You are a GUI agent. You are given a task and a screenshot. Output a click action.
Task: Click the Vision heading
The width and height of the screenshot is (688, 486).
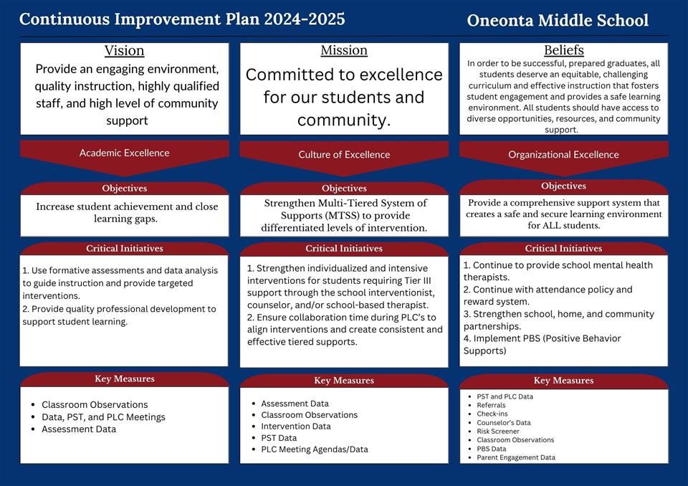124,51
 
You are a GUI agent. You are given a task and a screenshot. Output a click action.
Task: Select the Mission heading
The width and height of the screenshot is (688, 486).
344,50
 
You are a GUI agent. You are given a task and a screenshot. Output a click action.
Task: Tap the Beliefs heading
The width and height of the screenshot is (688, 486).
564,50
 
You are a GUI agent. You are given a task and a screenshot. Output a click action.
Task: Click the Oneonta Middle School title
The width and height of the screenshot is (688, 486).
558,20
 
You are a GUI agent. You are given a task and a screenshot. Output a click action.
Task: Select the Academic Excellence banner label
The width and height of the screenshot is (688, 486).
124,153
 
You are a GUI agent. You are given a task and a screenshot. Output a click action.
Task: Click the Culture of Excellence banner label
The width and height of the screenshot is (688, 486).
344,154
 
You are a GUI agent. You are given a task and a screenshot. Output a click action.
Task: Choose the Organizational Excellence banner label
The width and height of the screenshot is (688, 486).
563,154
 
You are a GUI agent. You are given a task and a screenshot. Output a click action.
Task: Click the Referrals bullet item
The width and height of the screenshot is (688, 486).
491,406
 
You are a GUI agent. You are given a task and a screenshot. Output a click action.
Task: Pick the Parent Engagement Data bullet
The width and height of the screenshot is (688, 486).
516,457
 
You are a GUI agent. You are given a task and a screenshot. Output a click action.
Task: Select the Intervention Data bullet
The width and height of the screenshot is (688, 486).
295,427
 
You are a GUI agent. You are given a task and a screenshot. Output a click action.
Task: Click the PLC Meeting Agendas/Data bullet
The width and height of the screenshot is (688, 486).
314,449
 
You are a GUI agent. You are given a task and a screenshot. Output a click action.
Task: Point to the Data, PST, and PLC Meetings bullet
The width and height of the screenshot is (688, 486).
103,417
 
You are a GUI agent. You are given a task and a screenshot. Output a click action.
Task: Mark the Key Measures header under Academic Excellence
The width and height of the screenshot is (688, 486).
124,379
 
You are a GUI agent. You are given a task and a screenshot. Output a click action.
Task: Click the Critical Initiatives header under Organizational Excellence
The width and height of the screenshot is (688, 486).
563,249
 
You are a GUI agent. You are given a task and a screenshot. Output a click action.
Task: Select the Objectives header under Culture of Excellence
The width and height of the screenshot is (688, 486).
344,189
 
